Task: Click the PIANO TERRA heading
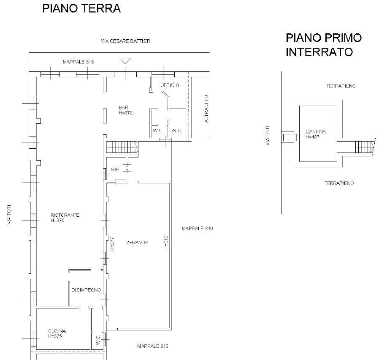coord(81,8)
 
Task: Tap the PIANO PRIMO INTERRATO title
coord(324,45)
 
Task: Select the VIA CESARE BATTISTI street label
coord(126,41)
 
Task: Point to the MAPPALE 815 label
coord(78,62)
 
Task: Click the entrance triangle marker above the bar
coord(125,61)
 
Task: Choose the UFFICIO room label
coord(170,85)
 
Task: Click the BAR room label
coord(123,107)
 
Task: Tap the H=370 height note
coord(125,113)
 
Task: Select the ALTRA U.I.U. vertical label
coord(206,108)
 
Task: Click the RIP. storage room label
coord(116,169)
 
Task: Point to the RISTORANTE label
coord(65,215)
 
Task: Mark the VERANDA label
coord(137,243)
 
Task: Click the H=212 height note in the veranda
coord(166,243)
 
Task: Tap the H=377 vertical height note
coord(113,244)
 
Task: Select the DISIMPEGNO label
coord(86,290)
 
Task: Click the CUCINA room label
coord(57,331)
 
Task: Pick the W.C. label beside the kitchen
coord(98,340)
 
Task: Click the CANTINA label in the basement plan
coord(316,132)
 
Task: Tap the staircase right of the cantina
coord(365,147)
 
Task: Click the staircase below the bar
coord(122,147)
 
